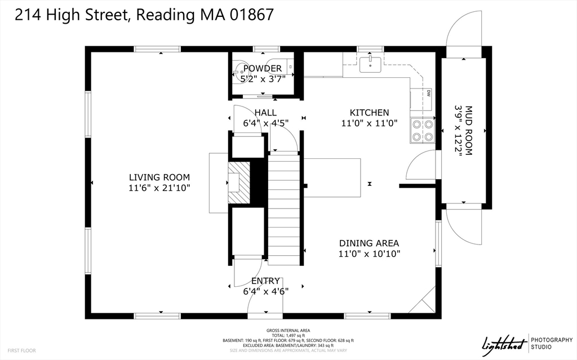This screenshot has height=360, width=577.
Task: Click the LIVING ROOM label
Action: point(159,177)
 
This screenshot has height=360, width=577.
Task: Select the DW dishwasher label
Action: point(429,93)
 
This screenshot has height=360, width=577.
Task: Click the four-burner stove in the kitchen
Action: point(422,130)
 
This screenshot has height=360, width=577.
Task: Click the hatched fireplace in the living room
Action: point(237,182)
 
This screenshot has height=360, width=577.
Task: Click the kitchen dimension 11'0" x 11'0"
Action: point(369,123)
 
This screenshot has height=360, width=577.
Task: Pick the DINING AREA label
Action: point(369,243)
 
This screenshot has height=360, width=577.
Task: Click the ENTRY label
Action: point(265,281)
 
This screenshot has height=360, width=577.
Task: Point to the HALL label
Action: point(265,113)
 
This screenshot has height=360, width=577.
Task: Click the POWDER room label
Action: point(262,69)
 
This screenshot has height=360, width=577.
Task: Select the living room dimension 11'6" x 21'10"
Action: point(159,188)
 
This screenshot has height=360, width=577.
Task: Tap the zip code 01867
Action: point(252,15)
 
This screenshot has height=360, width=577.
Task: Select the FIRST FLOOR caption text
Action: point(22,350)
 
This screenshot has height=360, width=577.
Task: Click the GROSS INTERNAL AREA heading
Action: point(288,331)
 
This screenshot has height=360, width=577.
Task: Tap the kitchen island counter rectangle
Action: point(332,177)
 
